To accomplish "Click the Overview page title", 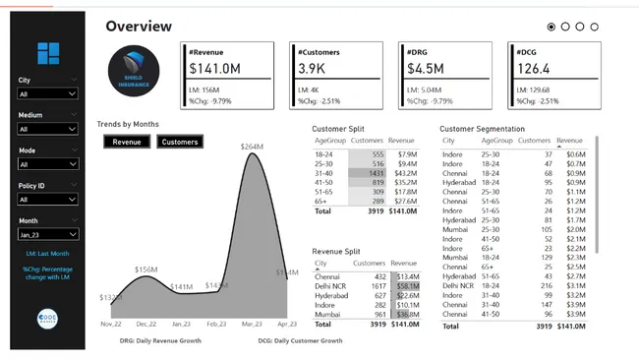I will click(139, 27).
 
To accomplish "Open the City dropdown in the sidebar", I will click(47, 93).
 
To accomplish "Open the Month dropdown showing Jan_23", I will click(47, 235).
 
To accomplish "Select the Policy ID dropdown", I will click(47, 200).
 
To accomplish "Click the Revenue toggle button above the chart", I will click(126, 142).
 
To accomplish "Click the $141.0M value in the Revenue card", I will click(217, 68).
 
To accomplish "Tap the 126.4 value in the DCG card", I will click(534, 68).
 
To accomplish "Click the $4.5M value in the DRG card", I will click(425, 68).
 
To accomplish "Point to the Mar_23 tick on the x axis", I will click(251, 323).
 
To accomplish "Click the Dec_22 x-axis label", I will click(146, 323).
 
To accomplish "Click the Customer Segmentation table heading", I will click(482, 129).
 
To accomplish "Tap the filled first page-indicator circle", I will click(551, 27).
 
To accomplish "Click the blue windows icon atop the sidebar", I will click(48, 55).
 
